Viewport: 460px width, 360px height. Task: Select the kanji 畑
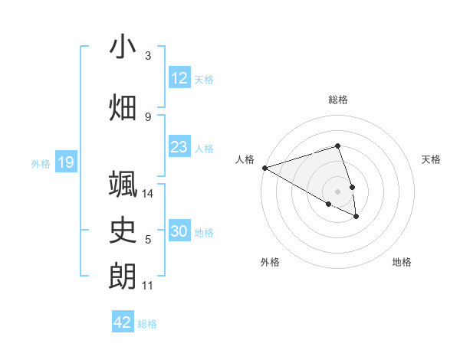tap(123, 107)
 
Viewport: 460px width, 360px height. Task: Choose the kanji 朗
tap(123, 276)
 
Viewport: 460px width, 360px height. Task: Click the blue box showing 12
tap(179, 78)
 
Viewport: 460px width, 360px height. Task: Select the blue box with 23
tap(179, 147)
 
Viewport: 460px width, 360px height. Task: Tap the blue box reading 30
tap(179, 231)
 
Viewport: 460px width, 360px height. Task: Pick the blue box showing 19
tap(66, 162)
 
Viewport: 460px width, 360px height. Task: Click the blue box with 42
tap(123, 322)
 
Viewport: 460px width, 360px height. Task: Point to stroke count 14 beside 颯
tap(148, 194)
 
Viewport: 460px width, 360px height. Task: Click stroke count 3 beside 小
tap(148, 55)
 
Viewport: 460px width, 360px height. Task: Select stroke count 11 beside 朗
tap(148, 286)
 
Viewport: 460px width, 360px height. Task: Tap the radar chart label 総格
tap(338, 100)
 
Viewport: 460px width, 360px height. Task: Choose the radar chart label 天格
tap(431, 159)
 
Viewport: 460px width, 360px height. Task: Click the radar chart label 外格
tap(270, 262)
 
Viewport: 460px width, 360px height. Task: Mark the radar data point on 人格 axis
tap(264, 168)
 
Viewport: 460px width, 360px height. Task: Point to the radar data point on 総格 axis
tap(338, 146)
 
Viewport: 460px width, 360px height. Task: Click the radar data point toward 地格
tap(356, 217)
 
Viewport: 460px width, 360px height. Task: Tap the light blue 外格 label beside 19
tap(41, 163)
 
